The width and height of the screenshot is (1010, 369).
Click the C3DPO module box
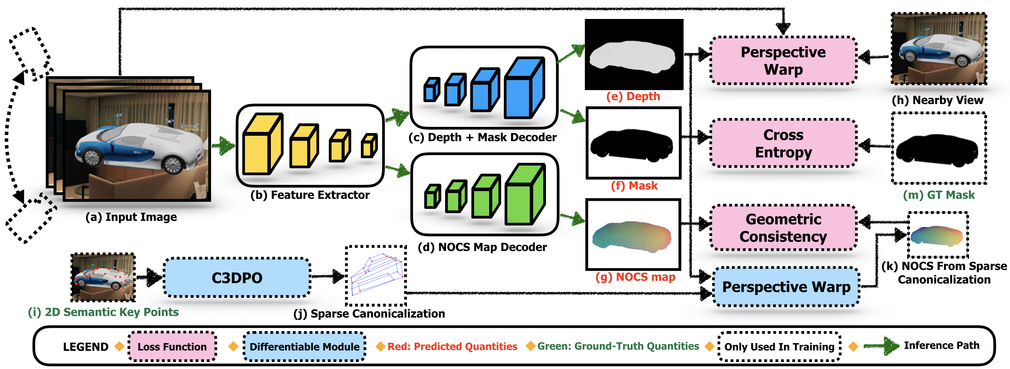(x=237, y=278)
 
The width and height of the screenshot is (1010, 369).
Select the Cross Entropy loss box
(x=783, y=143)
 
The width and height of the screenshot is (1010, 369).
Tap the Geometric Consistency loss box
(x=783, y=228)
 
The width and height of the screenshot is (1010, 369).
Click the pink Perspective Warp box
(x=783, y=60)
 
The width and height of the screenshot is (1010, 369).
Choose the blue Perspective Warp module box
(x=786, y=287)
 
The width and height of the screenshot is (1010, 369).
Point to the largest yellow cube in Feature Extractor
(x=262, y=143)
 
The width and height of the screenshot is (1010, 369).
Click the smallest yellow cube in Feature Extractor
(x=369, y=145)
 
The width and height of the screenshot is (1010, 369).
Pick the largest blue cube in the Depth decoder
(x=524, y=87)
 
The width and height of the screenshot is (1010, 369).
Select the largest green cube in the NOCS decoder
(x=525, y=194)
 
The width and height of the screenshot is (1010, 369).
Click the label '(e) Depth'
(x=633, y=96)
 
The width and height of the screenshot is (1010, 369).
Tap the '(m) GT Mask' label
(x=939, y=195)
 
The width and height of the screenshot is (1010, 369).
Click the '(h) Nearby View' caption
(x=937, y=100)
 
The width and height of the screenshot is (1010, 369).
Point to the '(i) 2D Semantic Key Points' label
(x=103, y=312)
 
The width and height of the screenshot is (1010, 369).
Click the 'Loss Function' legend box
(x=172, y=346)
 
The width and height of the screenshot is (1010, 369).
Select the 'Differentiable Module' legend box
(x=304, y=346)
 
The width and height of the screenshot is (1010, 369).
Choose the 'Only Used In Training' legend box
(x=779, y=346)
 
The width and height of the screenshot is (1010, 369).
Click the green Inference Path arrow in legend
(x=881, y=346)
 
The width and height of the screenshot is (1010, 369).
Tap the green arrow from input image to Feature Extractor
(x=223, y=146)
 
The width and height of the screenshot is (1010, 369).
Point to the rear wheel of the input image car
(x=92, y=157)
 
